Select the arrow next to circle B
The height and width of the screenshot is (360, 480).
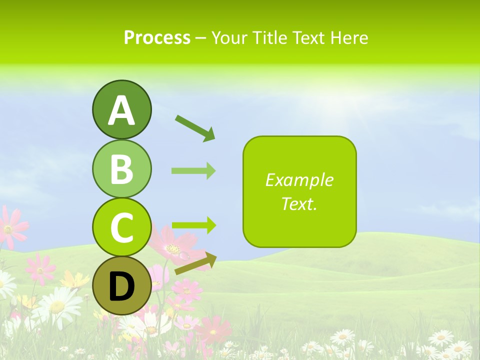pyautogui.click(x=193, y=170)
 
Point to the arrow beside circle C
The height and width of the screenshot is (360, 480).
pyautogui.click(x=193, y=225)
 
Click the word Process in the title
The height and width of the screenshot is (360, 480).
pyautogui.click(x=157, y=37)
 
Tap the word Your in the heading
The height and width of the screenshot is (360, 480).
pyautogui.click(x=230, y=37)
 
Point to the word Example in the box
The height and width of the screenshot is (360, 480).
pyautogui.click(x=299, y=180)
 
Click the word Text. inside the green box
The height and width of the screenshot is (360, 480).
pyautogui.click(x=299, y=203)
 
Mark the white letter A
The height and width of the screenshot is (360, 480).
pyautogui.click(x=121, y=111)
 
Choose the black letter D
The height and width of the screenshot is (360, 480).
pyautogui.click(x=121, y=287)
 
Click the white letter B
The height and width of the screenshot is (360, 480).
pyautogui.click(x=121, y=169)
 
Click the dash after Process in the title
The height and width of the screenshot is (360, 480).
pyautogui.click(x=201, y=38)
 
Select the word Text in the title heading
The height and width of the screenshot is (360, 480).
pyautogui.click(x=308, y=37)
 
